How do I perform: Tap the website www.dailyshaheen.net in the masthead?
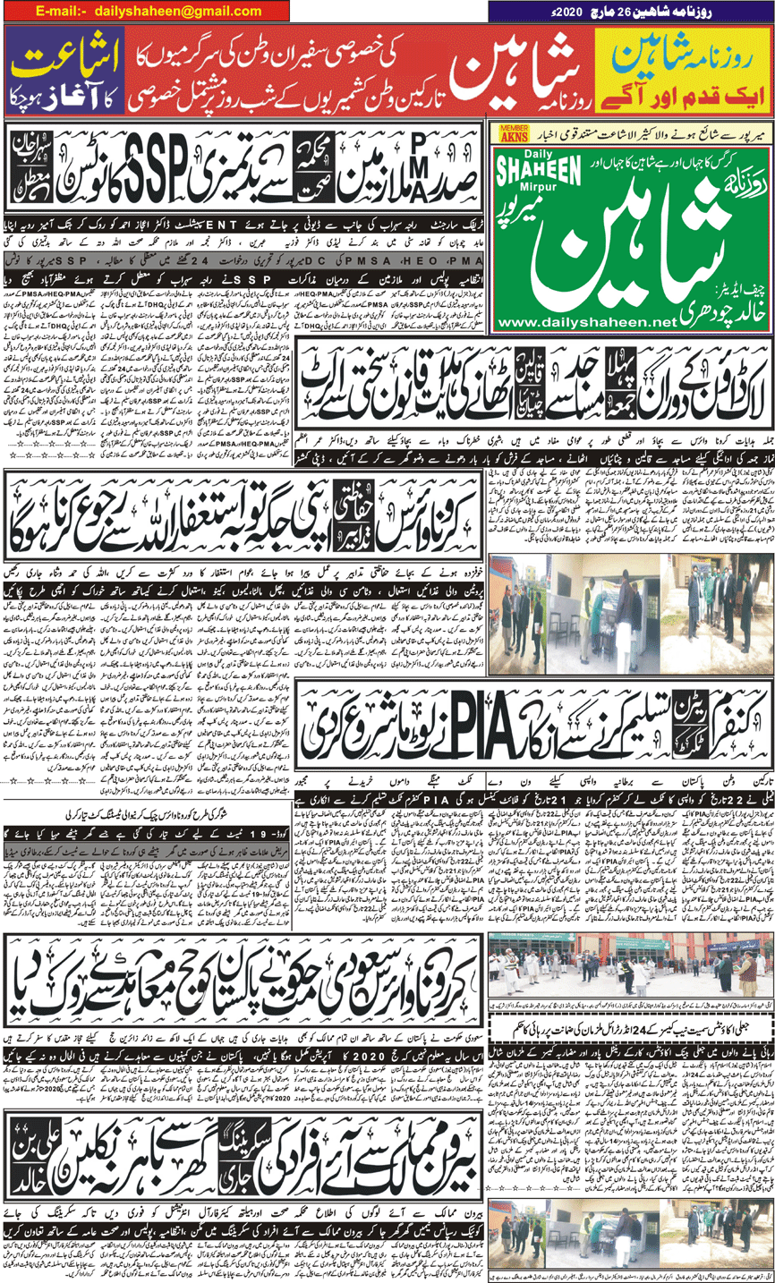click(622, 322)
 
